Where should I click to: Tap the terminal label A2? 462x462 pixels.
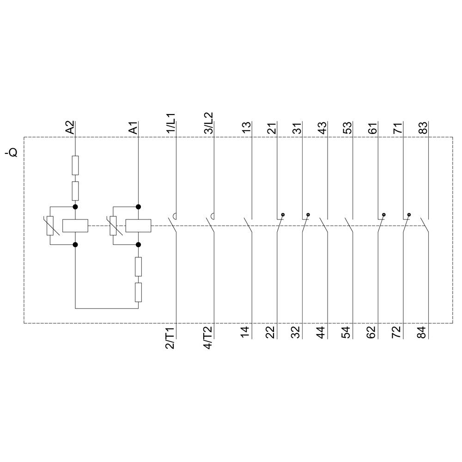[x=69, y=128]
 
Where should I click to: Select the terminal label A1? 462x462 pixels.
[x=133, y=128]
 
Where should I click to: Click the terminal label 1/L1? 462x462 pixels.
[x=170, y=122]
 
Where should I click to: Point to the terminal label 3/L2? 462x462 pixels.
[x=208, y=122]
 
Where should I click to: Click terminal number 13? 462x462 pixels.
[x=246, y=128]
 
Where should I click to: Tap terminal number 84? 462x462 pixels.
[x=421, y=332]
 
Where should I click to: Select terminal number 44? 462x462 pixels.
[x=321, y=332]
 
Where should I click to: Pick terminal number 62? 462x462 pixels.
[x=371, y=332]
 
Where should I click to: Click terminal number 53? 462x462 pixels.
[x=347, y=128]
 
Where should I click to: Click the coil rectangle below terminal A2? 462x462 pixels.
[x=75, y=225]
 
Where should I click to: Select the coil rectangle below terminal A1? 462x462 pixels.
[x=138, y=225]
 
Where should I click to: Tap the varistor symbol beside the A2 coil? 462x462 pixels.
[x=50, y=226]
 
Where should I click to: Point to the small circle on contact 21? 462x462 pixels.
[x=283, y=215]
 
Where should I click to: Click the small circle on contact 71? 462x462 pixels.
[x=409, y=215]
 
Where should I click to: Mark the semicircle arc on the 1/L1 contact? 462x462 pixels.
[x=175, y=215]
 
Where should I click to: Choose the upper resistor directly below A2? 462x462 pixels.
[x=75, y=165]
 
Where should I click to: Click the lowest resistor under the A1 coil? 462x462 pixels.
[x=138, y=292]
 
